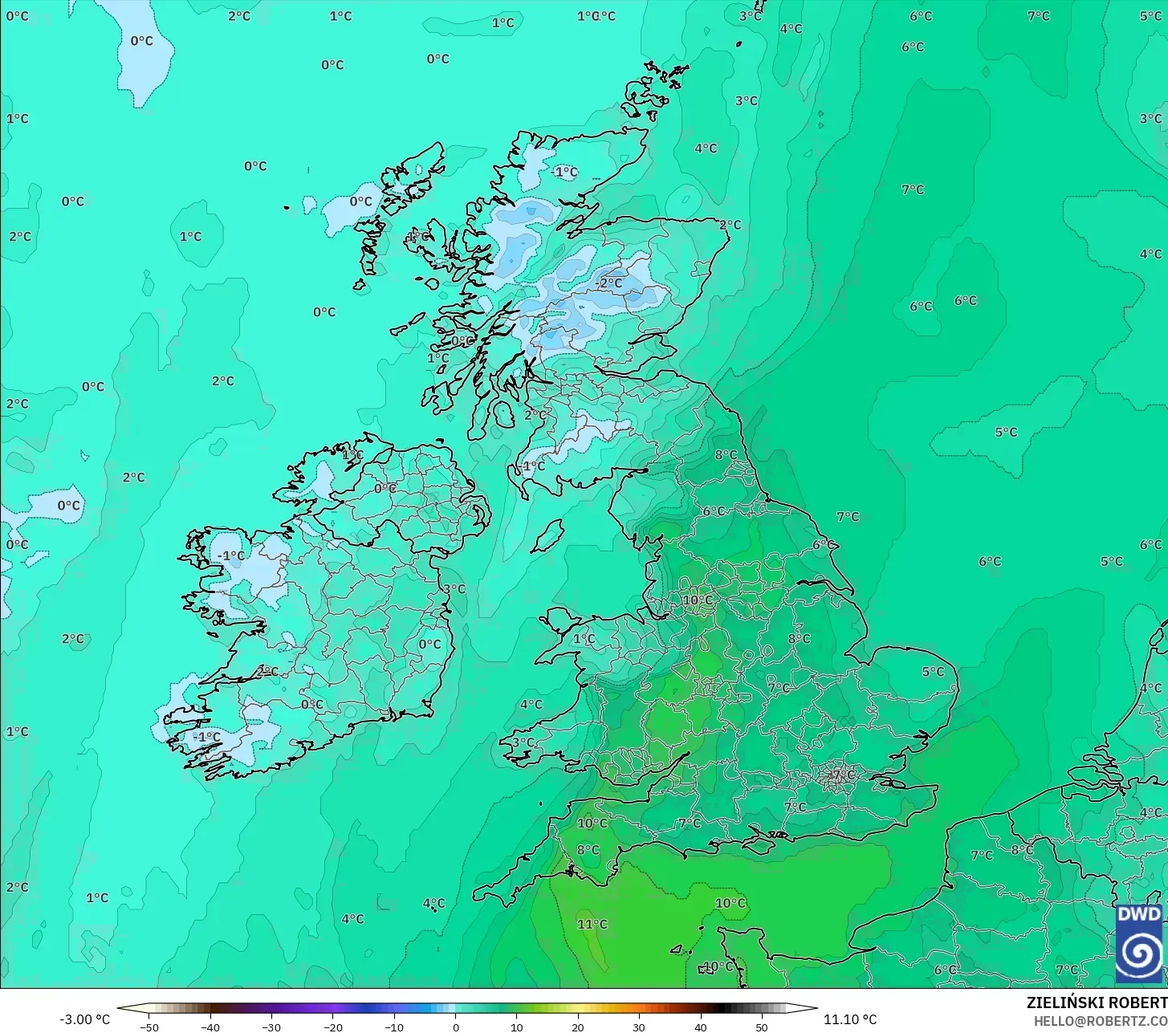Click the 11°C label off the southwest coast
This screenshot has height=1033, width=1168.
(592, 924)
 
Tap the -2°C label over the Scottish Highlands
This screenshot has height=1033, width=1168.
(610, 283)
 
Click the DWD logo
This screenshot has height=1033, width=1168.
(1139, 943)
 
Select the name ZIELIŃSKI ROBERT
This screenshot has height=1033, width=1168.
(1097, 1002)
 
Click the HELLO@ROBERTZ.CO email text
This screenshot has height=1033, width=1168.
(1100, 1020)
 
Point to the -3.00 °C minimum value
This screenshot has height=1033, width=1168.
(85, 1019)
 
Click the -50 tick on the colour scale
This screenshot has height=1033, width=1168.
(149, 1027)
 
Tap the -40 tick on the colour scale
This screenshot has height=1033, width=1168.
(210, 1027)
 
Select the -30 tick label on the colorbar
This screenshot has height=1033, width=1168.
(271, 1027)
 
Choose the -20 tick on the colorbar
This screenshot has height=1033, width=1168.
(332, 1027)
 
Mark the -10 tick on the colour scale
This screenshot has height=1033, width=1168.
(393, 1027)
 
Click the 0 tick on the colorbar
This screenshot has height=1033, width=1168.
(455, 1027)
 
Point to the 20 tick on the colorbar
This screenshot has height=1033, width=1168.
(578, 1027)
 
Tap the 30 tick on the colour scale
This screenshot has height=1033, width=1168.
(639, 1027)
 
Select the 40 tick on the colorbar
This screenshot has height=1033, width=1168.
(700, 1027)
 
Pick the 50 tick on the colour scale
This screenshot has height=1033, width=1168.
(761, 1027)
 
